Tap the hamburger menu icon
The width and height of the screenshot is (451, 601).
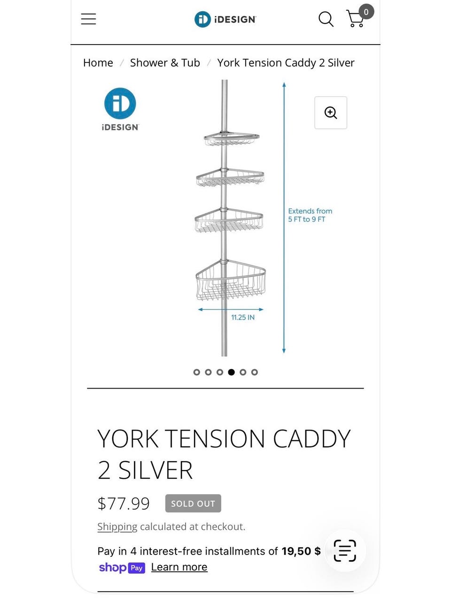tap(88, 19)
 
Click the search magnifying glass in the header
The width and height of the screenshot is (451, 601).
tap(326, 19)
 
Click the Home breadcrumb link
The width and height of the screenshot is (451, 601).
tap(98, 62)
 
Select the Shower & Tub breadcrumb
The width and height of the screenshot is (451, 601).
tap(165, 62)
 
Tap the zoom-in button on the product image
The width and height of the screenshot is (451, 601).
tap(331, 112)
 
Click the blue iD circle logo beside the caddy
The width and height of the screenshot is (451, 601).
tap(120, 103)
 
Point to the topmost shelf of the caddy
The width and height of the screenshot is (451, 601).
tap(232, 139)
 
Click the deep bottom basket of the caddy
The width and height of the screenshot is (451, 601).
tap(230, 280)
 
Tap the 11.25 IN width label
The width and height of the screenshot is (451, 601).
tap(243, 317)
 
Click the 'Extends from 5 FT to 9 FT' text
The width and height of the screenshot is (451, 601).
tap(310, 215)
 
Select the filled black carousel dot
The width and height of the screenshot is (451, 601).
tap(231, 372)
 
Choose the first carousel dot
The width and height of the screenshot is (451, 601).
tap(196, 372)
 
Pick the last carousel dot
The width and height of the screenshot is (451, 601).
tap(255, 372)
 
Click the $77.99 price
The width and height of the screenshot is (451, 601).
tap(124, 503)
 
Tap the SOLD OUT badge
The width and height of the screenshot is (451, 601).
tap(193, 503)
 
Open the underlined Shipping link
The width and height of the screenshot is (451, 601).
tap(117, 527)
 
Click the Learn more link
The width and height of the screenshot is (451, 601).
tap(179, 567)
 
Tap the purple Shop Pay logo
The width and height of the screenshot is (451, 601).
tap(122, 568)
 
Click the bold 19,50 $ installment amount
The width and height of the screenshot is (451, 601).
tap(301, 551)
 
